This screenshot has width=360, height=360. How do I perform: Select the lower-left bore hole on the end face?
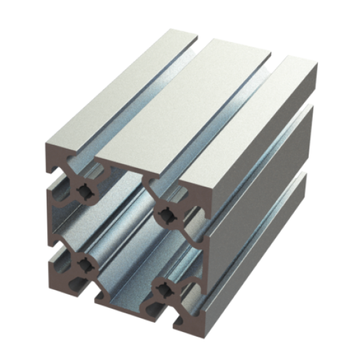(86, 265)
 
